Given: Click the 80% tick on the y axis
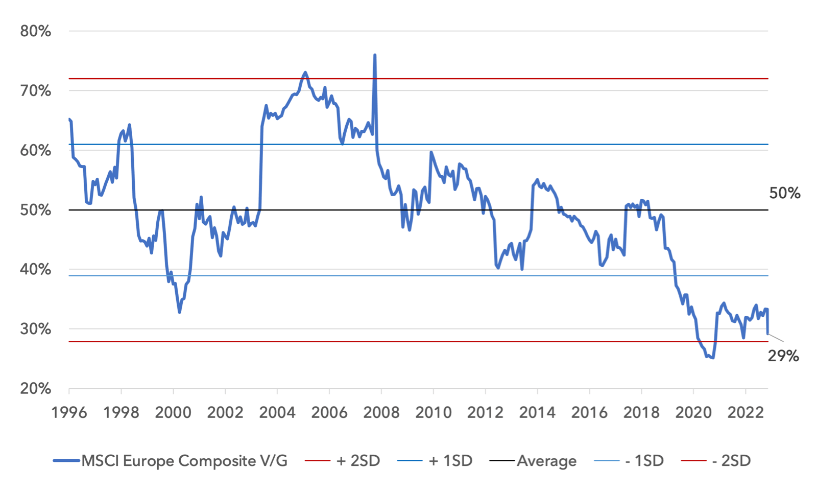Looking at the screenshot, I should click(36, 31).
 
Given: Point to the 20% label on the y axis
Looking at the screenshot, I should click(36, 389).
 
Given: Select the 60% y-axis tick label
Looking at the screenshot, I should click(36, 150).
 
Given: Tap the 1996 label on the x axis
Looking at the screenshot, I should click(69, 412).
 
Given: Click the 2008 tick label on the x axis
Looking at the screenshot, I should click(381, 412).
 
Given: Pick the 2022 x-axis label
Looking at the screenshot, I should click(746, 412).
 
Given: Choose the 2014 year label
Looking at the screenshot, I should click(537, 412).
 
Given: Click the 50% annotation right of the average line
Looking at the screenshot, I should click(785, 193).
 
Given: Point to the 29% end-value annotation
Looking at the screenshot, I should click(783, 356).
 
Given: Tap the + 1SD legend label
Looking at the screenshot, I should click(450, 461).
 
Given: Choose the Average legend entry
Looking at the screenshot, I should click(546, 461).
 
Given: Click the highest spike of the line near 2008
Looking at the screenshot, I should click(375, 55).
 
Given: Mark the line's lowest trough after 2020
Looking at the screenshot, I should click(713, 358).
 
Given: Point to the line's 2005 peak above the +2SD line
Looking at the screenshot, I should click(305, 73).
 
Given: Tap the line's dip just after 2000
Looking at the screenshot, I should click(180, 312).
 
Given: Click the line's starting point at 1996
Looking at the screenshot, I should click(69, 119).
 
